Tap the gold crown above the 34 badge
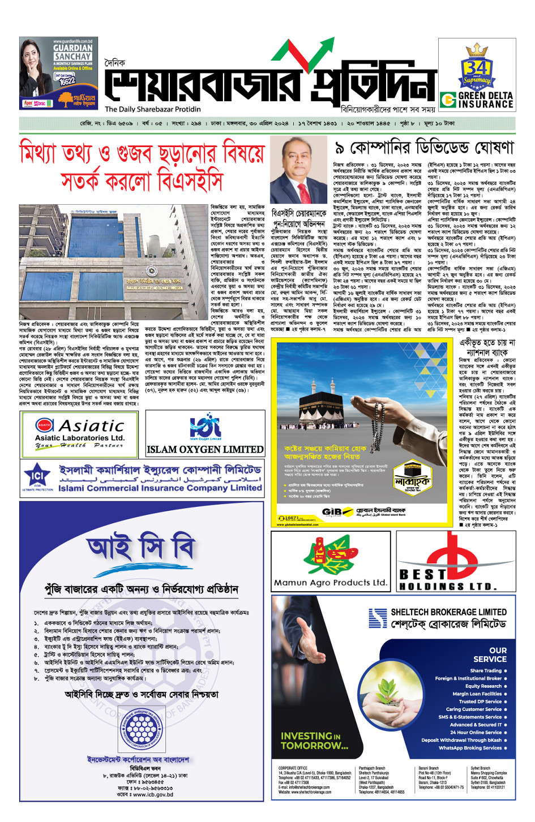pyautogui.click(x=477, y=51)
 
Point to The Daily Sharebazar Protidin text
pyautogui.click(x=152, y=109)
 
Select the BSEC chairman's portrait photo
pyautogui.click(x=298, y=171)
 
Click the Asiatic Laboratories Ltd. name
pyautogui.click(x=79, y=438)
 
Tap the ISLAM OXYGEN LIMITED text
pyautogui.click(x=205, y=450)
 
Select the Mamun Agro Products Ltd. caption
pyautogui.click(x=330, y=582)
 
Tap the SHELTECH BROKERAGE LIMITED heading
pyautogui.click(x=448, y=612)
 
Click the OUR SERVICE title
pyautogui.click(x=490, y=655)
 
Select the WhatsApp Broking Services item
pyautogui.click(x=470, y=748)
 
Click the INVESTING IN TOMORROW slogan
pyautogui.click(x=314, y=741)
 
